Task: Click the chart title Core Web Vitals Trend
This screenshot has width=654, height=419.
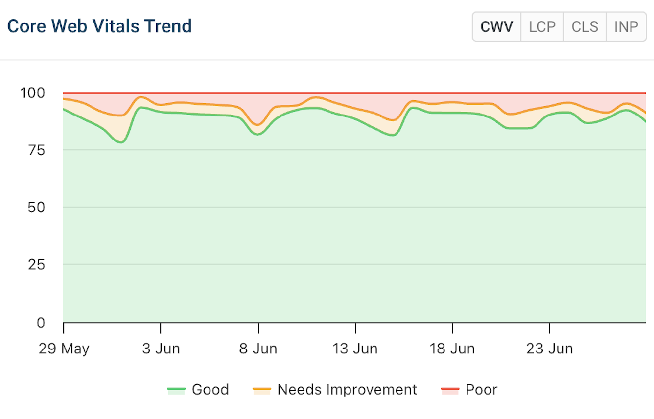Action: pos(99,26)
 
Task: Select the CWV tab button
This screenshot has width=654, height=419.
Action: pos(496,26)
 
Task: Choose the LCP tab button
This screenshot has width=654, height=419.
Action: pos(542,26)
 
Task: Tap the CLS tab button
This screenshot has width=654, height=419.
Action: pos(584,26)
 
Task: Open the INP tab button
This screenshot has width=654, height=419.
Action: pos(626,26)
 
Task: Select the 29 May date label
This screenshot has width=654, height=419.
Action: pos(64,349)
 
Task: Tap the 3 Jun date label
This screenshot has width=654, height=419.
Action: pos(161,349)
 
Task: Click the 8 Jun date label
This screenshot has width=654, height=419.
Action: pos(258,349)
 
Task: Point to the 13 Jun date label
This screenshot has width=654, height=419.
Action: pos(355,349)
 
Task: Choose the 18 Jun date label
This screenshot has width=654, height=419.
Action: pos(452,349)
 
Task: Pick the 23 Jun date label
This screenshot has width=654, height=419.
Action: pos(549,349)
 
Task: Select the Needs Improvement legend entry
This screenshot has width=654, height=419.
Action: pos(335,390)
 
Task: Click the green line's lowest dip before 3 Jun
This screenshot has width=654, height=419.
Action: pos(121,142)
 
